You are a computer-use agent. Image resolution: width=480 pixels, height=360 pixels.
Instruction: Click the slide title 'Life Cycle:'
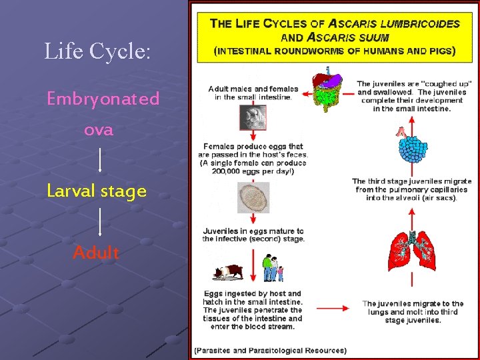[98, 51]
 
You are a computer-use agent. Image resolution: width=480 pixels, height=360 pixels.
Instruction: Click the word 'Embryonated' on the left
[103, 99]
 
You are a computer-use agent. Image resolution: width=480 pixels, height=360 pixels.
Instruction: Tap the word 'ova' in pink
[99, 130]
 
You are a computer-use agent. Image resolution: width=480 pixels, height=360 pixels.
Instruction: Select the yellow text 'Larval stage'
[97, 191]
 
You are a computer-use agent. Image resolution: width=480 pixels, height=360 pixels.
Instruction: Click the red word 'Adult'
[97, 253]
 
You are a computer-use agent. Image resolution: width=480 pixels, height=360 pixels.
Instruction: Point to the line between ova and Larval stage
[100, 160]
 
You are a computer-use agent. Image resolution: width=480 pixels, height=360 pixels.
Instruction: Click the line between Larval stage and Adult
[100, 221]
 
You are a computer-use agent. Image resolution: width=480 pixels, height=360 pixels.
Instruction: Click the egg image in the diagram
[253, 198]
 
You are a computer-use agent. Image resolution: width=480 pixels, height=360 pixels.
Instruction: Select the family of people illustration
[271, 269]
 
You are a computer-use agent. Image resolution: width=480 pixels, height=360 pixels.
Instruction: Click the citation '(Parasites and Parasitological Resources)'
[270, 350]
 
